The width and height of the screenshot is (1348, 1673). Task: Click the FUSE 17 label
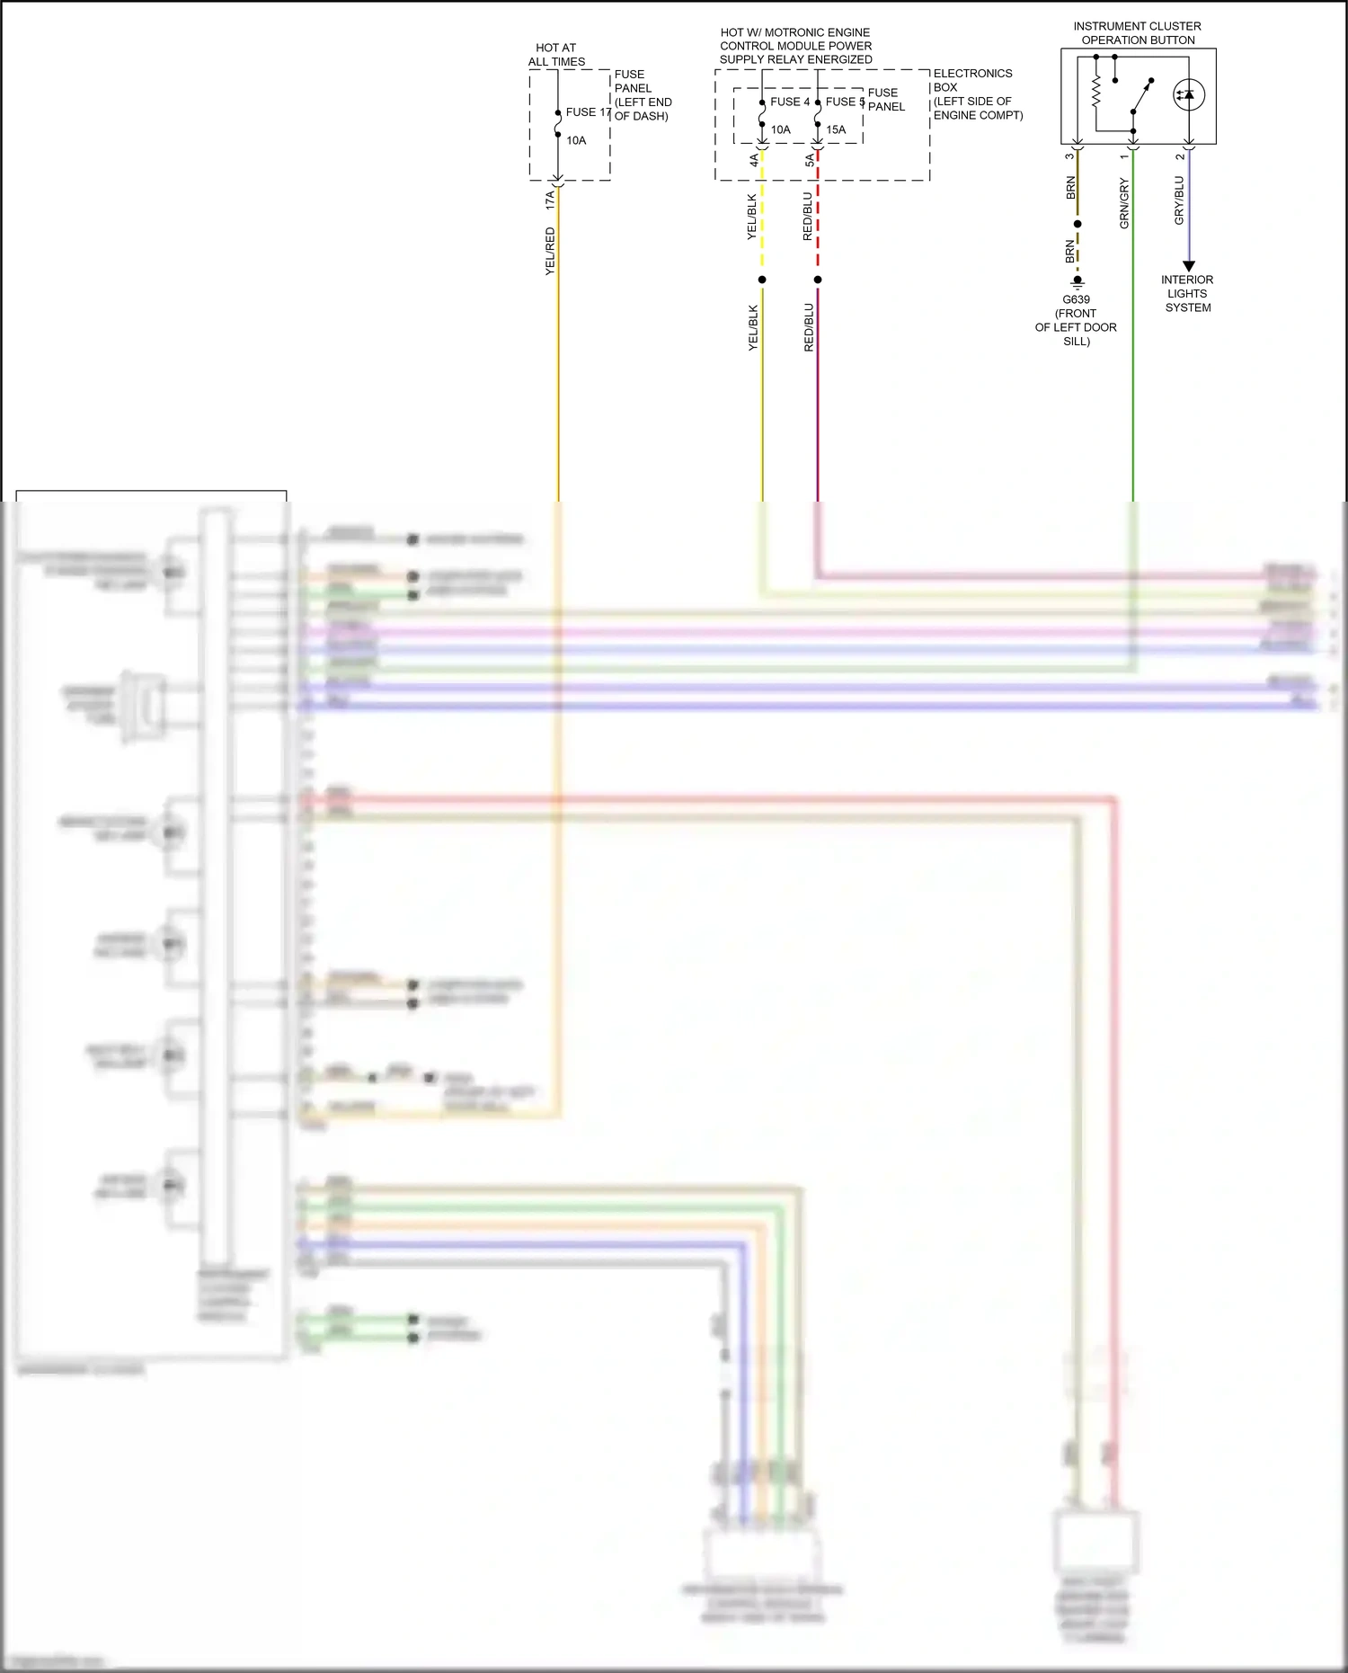tap(588, 112)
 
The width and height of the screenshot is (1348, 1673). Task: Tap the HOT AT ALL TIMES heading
tap(556, 55)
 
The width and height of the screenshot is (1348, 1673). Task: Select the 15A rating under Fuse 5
tap(836, 129)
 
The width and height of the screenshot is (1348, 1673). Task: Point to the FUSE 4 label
tap(789, 102)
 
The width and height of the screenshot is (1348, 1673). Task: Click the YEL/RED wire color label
tap(550, 251)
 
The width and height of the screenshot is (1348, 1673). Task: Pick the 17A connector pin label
tap(549, 200)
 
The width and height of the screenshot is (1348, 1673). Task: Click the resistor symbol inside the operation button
tap(1096, 92)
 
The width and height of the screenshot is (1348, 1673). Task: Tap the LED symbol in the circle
tap(1188, 94)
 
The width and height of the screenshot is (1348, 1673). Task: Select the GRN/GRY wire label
tap(1124, 203)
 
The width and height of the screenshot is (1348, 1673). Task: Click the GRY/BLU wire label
tap(1179, 200)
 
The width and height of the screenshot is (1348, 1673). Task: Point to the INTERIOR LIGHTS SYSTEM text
tap(1187, 294)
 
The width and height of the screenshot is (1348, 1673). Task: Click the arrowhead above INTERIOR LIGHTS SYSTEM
tap(1188, 266)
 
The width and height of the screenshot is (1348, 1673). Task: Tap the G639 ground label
tap(1076, 300)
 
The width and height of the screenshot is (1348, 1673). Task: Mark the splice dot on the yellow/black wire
tap(762, 280)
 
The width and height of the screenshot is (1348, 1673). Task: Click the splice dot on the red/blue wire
tap(818, 280)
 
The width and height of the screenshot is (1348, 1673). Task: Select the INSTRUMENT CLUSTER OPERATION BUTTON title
tap(1137, 33)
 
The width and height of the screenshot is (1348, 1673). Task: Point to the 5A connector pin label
tap(809, 160)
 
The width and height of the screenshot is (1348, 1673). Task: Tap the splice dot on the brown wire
tap(1078, 224)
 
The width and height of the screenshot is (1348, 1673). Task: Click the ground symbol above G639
tap(1078, 282)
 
